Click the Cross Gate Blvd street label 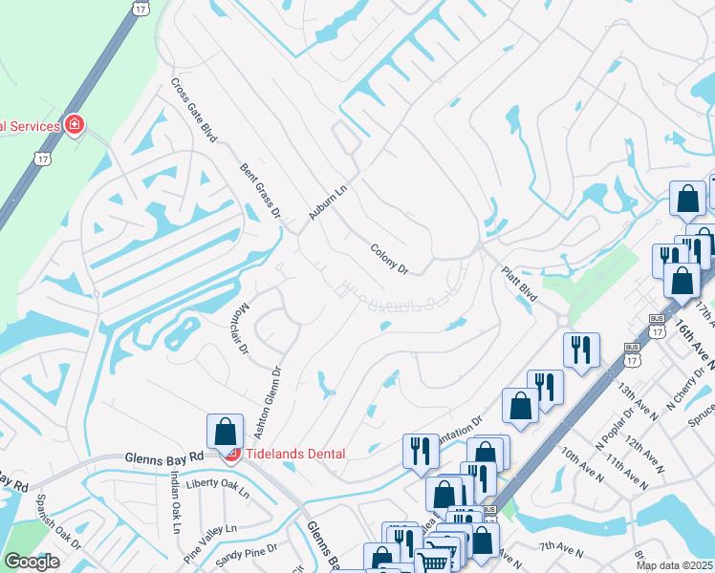[x=194, y=109]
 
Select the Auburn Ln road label [x=324, y=198]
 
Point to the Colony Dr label [x=389, y=259]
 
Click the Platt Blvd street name [x=521, y=286]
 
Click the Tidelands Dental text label [x=297, y=453]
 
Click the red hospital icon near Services [x=74, y=125]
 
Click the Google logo [x=32, y=561]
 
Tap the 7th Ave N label [x=562, y=548]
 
